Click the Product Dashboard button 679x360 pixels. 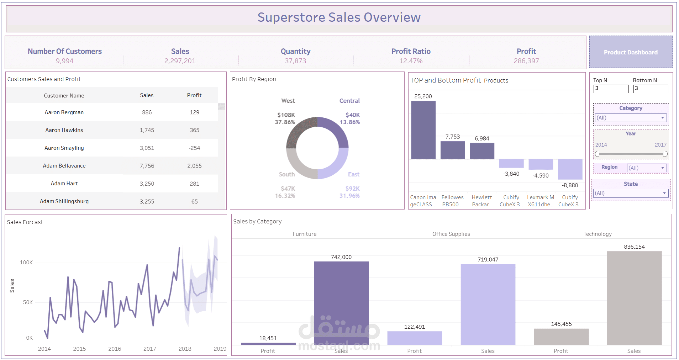(x=631, y=52)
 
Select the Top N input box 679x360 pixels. (x=611, y=89)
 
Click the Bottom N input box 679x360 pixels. (x=651, y=89)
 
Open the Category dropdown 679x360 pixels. (x=631, y=118)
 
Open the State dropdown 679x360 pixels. (x=631, y=193)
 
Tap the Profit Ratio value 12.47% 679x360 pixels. (x=411, y=61)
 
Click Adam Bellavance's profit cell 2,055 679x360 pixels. (x=194, y=166)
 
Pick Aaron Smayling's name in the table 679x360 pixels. (x=64, y=148)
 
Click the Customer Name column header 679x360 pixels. (x=64, y=95)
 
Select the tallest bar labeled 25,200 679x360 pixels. (x=423, y=130)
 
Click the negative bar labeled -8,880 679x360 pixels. (x=570, y=169)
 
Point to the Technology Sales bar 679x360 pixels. (x=634, y=298)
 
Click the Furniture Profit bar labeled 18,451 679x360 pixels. (x=268, y=344)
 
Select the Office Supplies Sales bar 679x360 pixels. (x=488, y=305)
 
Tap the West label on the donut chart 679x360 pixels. (x=288, y=101)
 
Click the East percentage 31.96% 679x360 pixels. (x=349, y=196)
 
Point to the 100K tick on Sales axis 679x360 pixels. (x=26, y=263)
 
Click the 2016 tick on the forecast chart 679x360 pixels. (x=115, y=349)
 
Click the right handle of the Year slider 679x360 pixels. (x=665, y=154)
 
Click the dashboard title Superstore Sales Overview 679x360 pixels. (x=339, y=17)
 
